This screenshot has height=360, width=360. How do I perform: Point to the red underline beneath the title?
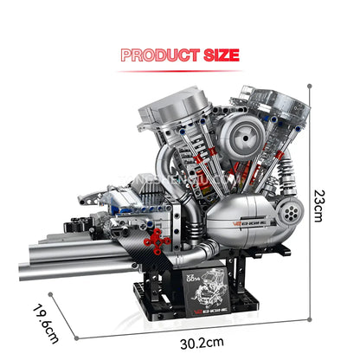point(179,70)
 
